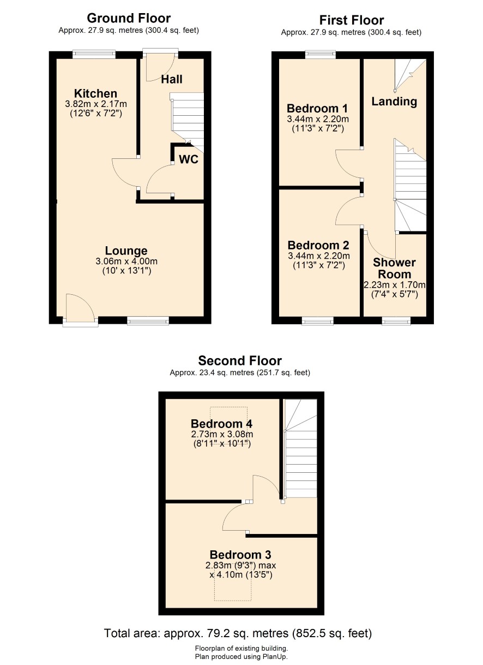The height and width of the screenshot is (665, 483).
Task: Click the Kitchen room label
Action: [95, 93]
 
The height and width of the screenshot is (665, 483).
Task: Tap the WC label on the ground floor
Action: [189, 159]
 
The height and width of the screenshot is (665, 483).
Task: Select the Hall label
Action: [172, 79]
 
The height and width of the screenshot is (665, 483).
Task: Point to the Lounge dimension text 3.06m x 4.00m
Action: [126, 262]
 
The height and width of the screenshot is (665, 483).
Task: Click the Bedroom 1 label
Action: [317, 108]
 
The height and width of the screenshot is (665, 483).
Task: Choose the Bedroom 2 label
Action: [318, 245]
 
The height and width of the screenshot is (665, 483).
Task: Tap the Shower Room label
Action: [394, 268]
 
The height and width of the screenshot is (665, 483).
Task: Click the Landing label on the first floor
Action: [394, 102]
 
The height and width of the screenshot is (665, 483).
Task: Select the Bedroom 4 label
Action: [222, 424]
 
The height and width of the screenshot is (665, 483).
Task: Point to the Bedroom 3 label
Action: [240, 555]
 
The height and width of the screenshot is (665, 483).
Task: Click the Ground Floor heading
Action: [129, 19]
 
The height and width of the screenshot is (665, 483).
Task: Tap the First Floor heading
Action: [352, 21]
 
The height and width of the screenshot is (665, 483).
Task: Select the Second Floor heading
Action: [240, 361]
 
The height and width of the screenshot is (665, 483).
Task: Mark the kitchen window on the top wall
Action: [94, 54]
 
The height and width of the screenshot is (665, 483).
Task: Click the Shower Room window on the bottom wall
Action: [396, 320]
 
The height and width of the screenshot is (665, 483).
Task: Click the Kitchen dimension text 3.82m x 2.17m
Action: [96, 104]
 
